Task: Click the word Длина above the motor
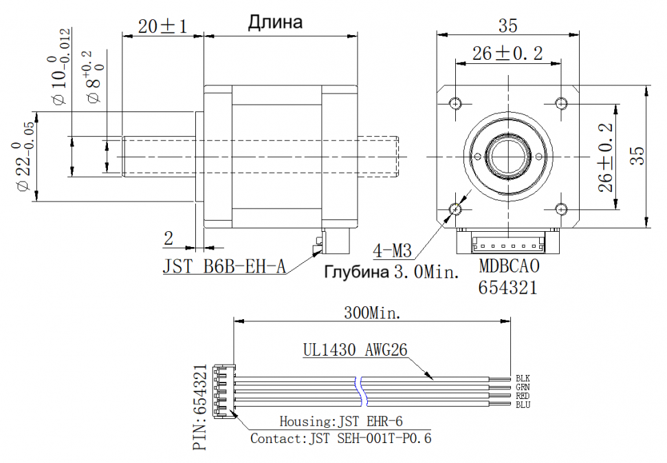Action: pos(275,23)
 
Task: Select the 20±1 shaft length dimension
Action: pos(162,26)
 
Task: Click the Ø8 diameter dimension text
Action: pos(94,77)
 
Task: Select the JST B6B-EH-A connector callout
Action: pos(224,267)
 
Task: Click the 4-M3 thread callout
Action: pos(392,250)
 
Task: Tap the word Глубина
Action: pos(357,272)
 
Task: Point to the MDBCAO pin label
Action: pos(509,266)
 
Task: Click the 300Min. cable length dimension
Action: pos(372,313)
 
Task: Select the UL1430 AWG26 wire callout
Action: pos(356,349)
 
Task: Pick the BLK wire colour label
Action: pos(523,378)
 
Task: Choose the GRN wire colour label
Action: pos(523,387)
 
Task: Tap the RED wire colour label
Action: pos(523,396)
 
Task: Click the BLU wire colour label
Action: pos(523,405)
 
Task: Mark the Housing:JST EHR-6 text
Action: pos(341,421)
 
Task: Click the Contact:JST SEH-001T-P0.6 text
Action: pos(341,438)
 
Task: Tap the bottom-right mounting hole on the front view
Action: pos(562,209)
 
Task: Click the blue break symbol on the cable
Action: pos(361,391)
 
